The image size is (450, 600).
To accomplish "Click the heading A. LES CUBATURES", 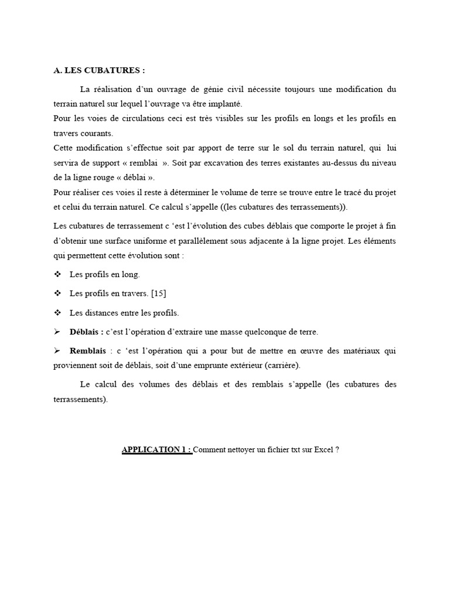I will click(x=98, y=70).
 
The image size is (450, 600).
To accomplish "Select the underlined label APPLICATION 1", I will click(x=156, y=450).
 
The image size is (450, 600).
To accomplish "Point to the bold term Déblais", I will click(x=87, y=332).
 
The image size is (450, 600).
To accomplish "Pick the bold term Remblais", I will click(x=88, y=351).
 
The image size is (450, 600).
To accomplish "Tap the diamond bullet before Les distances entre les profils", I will click(x=57, y=313).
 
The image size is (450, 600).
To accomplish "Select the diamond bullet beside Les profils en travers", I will click(x=57, y=294).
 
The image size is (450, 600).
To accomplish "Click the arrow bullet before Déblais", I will click(x=57, y=332).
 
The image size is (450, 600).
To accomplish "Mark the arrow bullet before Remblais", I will click(x=57, y=351).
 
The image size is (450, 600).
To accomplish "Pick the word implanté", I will click(x=224, y=104).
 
